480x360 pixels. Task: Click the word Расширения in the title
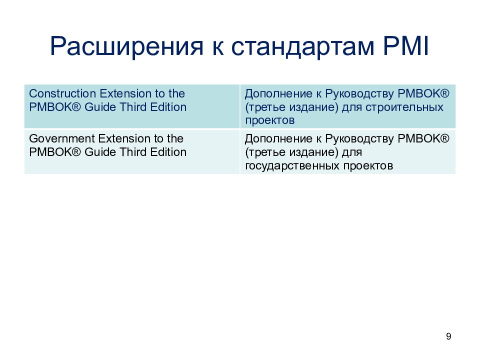click(x=126, y=46)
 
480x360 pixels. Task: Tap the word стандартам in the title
click(x=303, y=47)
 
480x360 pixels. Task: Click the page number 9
click(x=448, y=336)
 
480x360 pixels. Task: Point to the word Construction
click(x=62, y=93)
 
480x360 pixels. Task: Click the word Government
click(x=62, y=138)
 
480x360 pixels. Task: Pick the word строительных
click(x=404, y=107)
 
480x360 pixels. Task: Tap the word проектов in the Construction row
click(x=269, y=120)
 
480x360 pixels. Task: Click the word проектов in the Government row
click(x=368, y=165)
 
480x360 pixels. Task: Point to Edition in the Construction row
click(x=168, y=107)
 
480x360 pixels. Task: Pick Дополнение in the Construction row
click(x=278, y=94)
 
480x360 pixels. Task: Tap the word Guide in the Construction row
click(x=100, y=107)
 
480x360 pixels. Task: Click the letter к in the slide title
click(x=217, y=49)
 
